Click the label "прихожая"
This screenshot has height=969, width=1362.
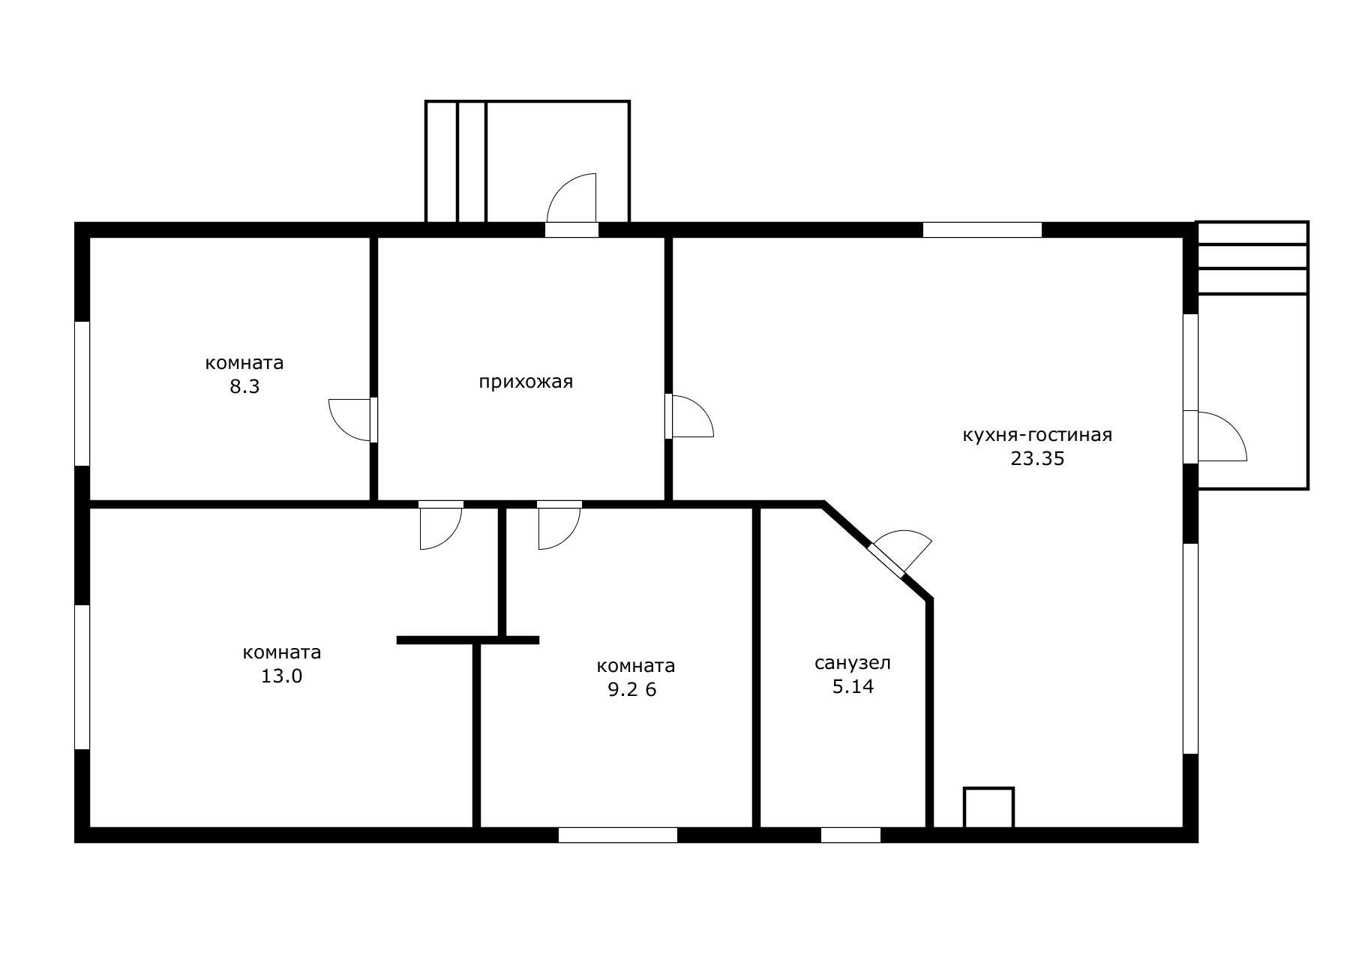[526, 382]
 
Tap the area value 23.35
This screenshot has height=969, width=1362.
[1037, 458]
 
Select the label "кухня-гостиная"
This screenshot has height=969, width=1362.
[1037, 435]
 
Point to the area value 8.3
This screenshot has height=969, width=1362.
[244, 387]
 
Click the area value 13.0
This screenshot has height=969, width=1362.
[281, 676]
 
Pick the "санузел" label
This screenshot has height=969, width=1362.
[853, 663]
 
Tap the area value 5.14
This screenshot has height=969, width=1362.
[853, 686]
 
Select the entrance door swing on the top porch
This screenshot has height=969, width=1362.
[572, 199]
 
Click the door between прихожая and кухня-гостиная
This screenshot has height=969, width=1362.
[688, 416]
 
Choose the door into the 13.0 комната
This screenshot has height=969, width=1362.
[441, 525]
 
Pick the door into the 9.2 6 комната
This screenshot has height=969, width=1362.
[559, 525]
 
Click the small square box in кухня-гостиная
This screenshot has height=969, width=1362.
[988, 808]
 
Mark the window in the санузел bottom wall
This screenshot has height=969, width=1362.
[850, 835]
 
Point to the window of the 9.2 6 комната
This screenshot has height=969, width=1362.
[618, 835]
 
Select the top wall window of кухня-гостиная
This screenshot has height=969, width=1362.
[982, 230]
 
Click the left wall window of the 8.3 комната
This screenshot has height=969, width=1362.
[82, 394]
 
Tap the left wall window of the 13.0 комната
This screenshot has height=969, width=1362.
[82, 677]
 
